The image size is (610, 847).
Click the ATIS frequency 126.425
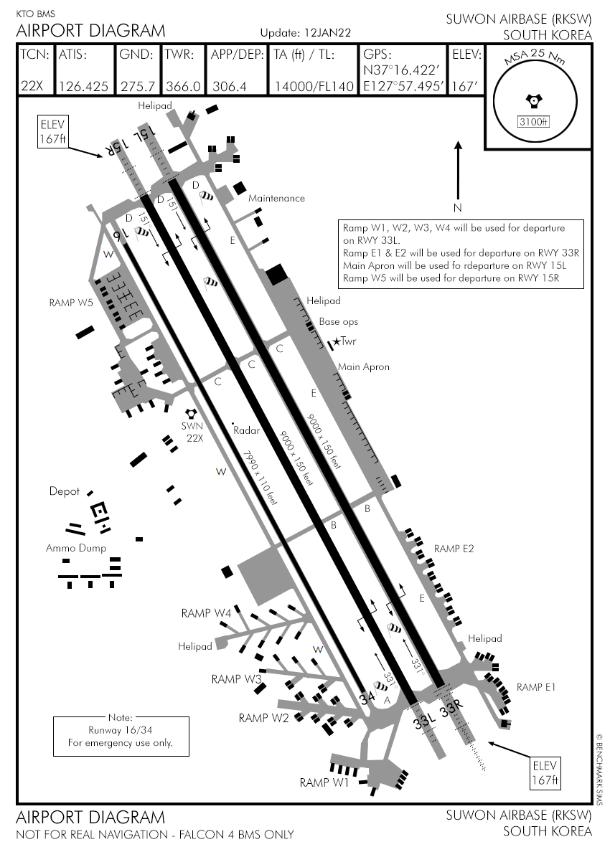click(83, 87)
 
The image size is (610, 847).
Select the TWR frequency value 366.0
click(183, 87)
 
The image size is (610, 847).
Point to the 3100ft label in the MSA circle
click(533, 121)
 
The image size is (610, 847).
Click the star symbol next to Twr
click(337, 342)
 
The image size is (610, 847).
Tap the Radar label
click(246, 430)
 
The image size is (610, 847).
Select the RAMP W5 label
click(71, 302)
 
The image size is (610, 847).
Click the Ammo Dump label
click(76, 548)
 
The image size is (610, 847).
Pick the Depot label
click(64, 492)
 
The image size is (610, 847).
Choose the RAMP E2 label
click(454, 549)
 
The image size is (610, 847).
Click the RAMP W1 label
click(324, 782)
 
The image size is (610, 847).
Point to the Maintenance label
click(276, 198)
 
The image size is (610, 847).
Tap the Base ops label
click(339, 322)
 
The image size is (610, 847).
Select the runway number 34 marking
click(367, 697)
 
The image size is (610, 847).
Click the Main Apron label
click(364, 366)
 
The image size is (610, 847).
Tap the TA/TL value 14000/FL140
click(314, 87)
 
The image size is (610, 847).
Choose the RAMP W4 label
click(206, 613)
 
